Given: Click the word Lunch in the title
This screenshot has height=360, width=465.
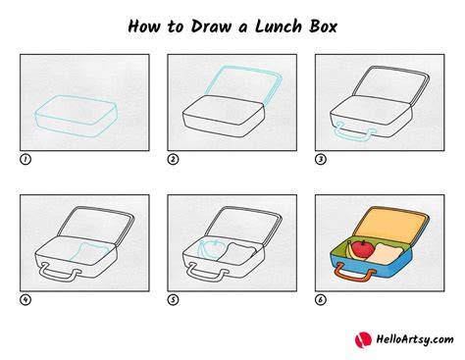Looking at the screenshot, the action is coord(279,26).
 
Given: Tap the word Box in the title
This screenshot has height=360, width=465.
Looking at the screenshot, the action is coord(323,26).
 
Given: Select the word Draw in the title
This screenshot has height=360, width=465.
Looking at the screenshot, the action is coord(211,26).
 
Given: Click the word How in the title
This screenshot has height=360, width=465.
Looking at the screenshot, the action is coord(144,26).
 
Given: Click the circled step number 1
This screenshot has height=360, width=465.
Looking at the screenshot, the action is coord(26,159).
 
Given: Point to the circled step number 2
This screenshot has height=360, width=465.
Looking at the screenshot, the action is coord(173,159).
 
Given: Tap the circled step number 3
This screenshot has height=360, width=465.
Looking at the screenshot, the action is coord(321,159).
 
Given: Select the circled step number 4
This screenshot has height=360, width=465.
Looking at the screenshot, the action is coord(26,299).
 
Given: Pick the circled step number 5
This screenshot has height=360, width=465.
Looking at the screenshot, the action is coord(173,299).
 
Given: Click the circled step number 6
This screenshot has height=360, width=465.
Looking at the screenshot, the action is coord(321,299).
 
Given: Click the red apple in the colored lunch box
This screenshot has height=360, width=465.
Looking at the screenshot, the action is coord(363,249).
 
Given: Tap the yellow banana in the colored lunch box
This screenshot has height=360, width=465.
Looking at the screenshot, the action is coord(351,251).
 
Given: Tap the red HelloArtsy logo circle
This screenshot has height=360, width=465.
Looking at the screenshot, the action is coord(363,339).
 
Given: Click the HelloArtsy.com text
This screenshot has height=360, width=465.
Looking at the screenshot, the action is coord(415,339).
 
